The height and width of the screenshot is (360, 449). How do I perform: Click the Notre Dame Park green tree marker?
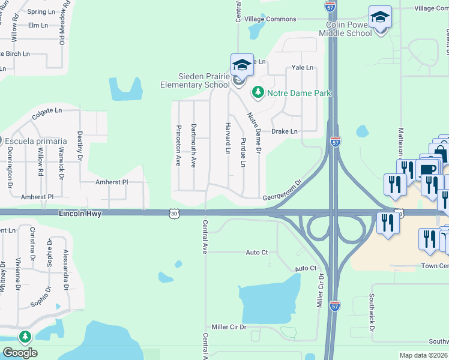pyautogui.click(x=258, y=92)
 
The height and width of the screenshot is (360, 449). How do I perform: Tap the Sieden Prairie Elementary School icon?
pyautogui.click(x=241, y=65)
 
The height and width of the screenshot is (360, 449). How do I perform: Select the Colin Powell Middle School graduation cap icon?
pyautogui.click(x=380, y=17)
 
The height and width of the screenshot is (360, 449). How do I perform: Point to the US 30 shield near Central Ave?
pyautogui.click(x=173, y=213)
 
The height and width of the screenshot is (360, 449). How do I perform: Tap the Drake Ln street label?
pyautogui.click(x=285, y=131)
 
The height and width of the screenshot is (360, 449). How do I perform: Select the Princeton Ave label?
pyautogui.click(x=178, y=146)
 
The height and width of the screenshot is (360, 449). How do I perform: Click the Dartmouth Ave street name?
pyautogui.click(x=193, y=146)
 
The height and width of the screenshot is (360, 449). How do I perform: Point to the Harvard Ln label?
pyautogui.click(x=228, y=138)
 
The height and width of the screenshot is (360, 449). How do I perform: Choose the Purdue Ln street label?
pyautogui.click(x=243, y=153)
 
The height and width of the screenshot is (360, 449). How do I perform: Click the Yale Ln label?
pyautogui.click(x=303, y=68)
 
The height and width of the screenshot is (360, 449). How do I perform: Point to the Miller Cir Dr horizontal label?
pyautogui.click(x=229, y=327)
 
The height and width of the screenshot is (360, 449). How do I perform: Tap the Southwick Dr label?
pyautogui.click(x=372, y=312)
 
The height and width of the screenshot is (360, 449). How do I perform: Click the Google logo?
pyautogui.click(x=20, y=353)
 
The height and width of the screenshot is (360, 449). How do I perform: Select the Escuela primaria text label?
pyautogui.click(x=37, y=141)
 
